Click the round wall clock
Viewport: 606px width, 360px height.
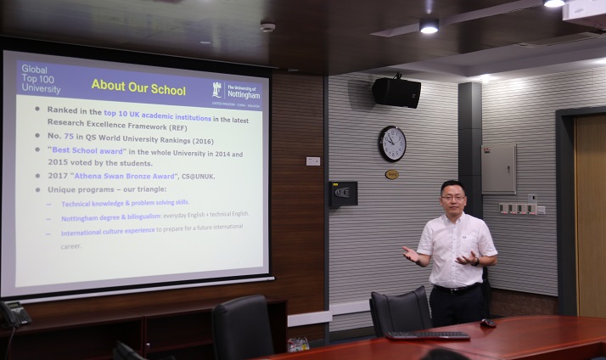pos(392,143)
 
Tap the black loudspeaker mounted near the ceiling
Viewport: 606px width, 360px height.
pos(396,92)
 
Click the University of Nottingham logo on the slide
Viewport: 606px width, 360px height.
pos(236,91)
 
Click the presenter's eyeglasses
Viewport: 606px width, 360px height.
pos(452,197)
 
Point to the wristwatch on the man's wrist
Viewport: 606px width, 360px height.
pos(475,261)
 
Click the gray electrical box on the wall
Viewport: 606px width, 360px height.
pos(498,168)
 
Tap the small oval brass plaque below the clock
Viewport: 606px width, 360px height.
pos(391,174)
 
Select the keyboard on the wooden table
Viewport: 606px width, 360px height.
pos(428,335)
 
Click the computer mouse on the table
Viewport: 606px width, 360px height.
pos(488,323)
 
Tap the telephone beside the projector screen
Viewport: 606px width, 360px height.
pos(14,313)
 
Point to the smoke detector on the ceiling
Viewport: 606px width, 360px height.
pos(267,26)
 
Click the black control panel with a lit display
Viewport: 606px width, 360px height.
pos(344,194)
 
